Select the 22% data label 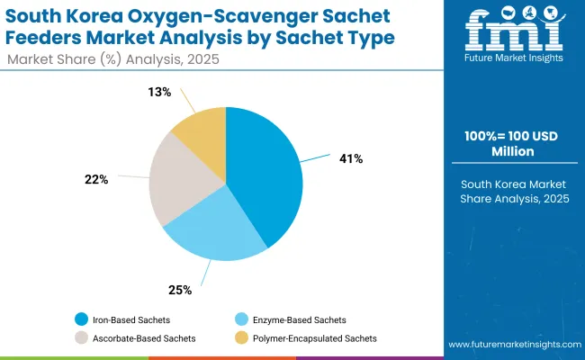[96, 179]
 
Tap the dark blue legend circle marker [83, 320]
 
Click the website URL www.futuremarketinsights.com [511, 345]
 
